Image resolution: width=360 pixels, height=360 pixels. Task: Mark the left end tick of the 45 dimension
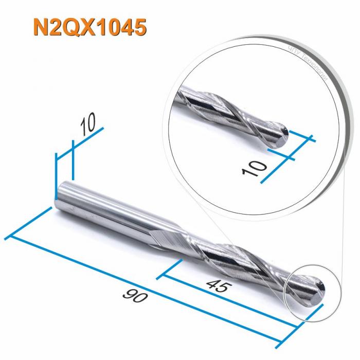coord(173,269)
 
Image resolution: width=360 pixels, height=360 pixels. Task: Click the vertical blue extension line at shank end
coord(56,175)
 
